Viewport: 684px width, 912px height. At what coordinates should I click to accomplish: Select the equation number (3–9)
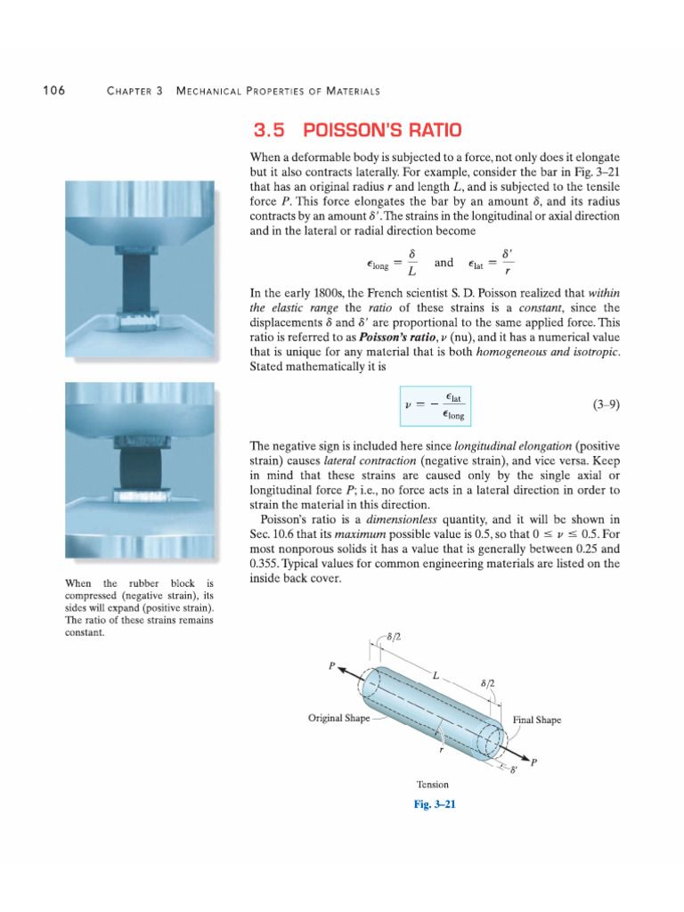tap(606, 404)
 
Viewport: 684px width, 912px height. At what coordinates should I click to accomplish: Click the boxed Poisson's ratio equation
tap(434, 405)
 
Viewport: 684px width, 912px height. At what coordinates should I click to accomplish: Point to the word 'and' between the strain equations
tap(444, 263)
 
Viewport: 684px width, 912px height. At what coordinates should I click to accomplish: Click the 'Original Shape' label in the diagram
tap(338, 718)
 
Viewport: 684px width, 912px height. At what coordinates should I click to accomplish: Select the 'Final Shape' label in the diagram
tap(537, 720)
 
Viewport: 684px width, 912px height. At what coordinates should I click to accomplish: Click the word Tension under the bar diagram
tap(433, 785)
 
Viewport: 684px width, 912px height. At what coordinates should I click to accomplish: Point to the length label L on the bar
tap(436, 678)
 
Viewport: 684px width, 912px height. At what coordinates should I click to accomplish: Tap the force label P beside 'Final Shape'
tap(533, 762)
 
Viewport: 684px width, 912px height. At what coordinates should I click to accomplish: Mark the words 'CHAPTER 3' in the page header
tap(134, 92)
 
